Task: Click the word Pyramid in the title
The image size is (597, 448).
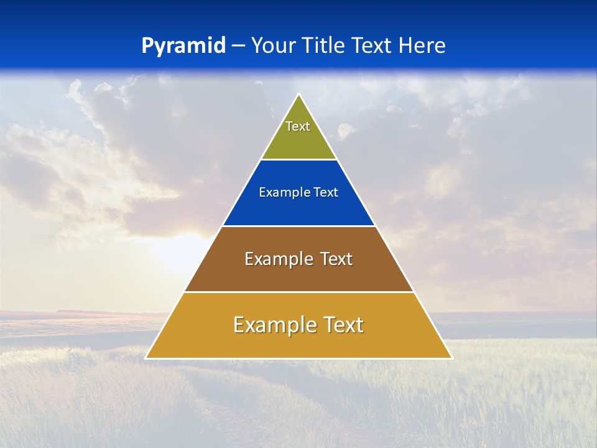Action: (x=183, y=46)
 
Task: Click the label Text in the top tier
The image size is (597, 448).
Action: (x=298, y=126)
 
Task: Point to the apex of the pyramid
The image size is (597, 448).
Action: (x=299, y=95)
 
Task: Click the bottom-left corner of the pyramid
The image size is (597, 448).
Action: (x=146, y=358)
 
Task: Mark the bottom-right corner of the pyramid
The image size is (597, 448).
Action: (x=451, y=358)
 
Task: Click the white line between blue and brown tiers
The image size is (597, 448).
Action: (x=298, y=226)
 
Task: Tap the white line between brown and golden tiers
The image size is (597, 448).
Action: (x=298, y=292)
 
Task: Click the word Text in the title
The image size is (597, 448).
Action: (x=374, y=45)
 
